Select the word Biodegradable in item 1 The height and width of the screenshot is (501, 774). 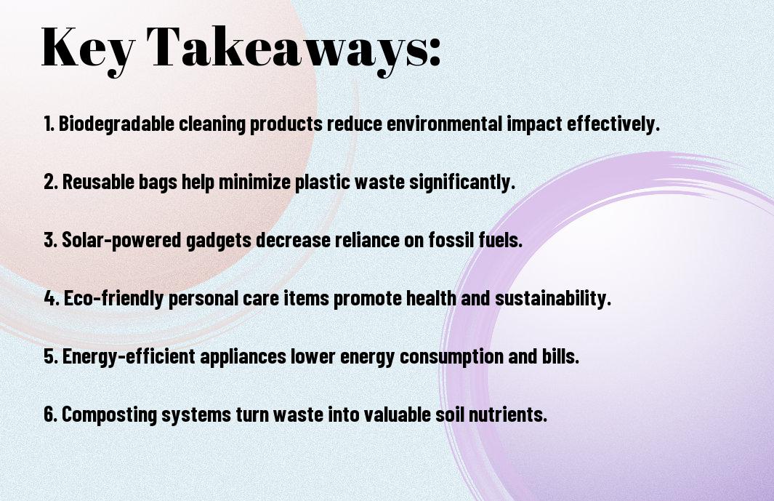[x=116, y=124]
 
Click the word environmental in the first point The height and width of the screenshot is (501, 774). [x=444, y=124]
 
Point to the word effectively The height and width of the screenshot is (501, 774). [x=613, y=124]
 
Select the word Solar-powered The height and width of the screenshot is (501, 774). [x=121, y=240]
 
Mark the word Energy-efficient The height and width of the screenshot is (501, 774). [x=129, y=357]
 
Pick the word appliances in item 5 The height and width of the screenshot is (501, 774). [x=243, y=357]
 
